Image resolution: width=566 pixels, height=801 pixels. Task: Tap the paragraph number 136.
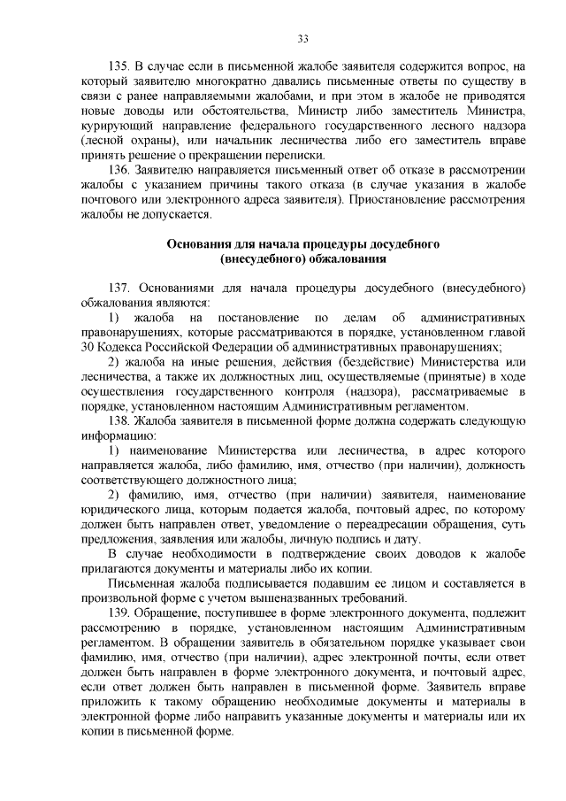pos(119,170)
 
